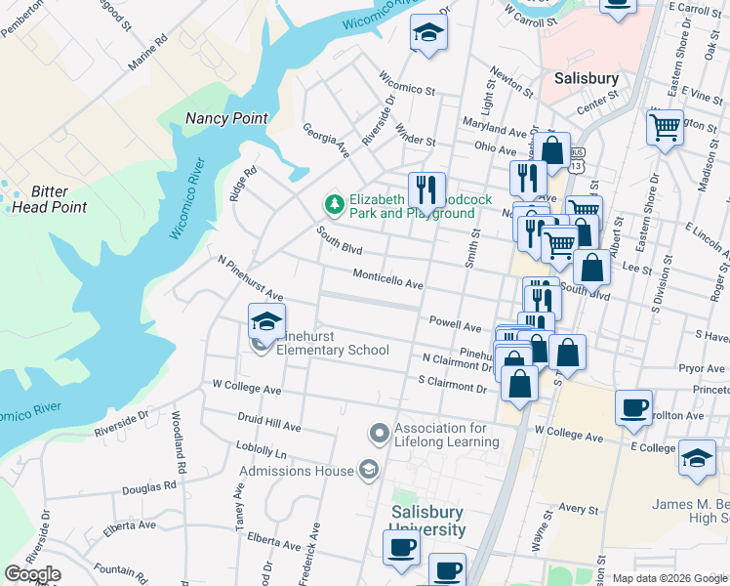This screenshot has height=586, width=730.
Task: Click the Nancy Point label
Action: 226,118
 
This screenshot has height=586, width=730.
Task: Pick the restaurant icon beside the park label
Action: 426,189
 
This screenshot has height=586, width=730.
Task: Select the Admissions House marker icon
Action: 368,470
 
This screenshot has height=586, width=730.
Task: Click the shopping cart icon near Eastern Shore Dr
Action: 665,126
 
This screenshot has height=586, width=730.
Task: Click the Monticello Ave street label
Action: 387,280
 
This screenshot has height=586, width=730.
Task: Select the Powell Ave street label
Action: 455,324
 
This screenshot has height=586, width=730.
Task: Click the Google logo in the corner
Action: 32,574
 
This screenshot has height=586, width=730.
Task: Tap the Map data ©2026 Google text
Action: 669,578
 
